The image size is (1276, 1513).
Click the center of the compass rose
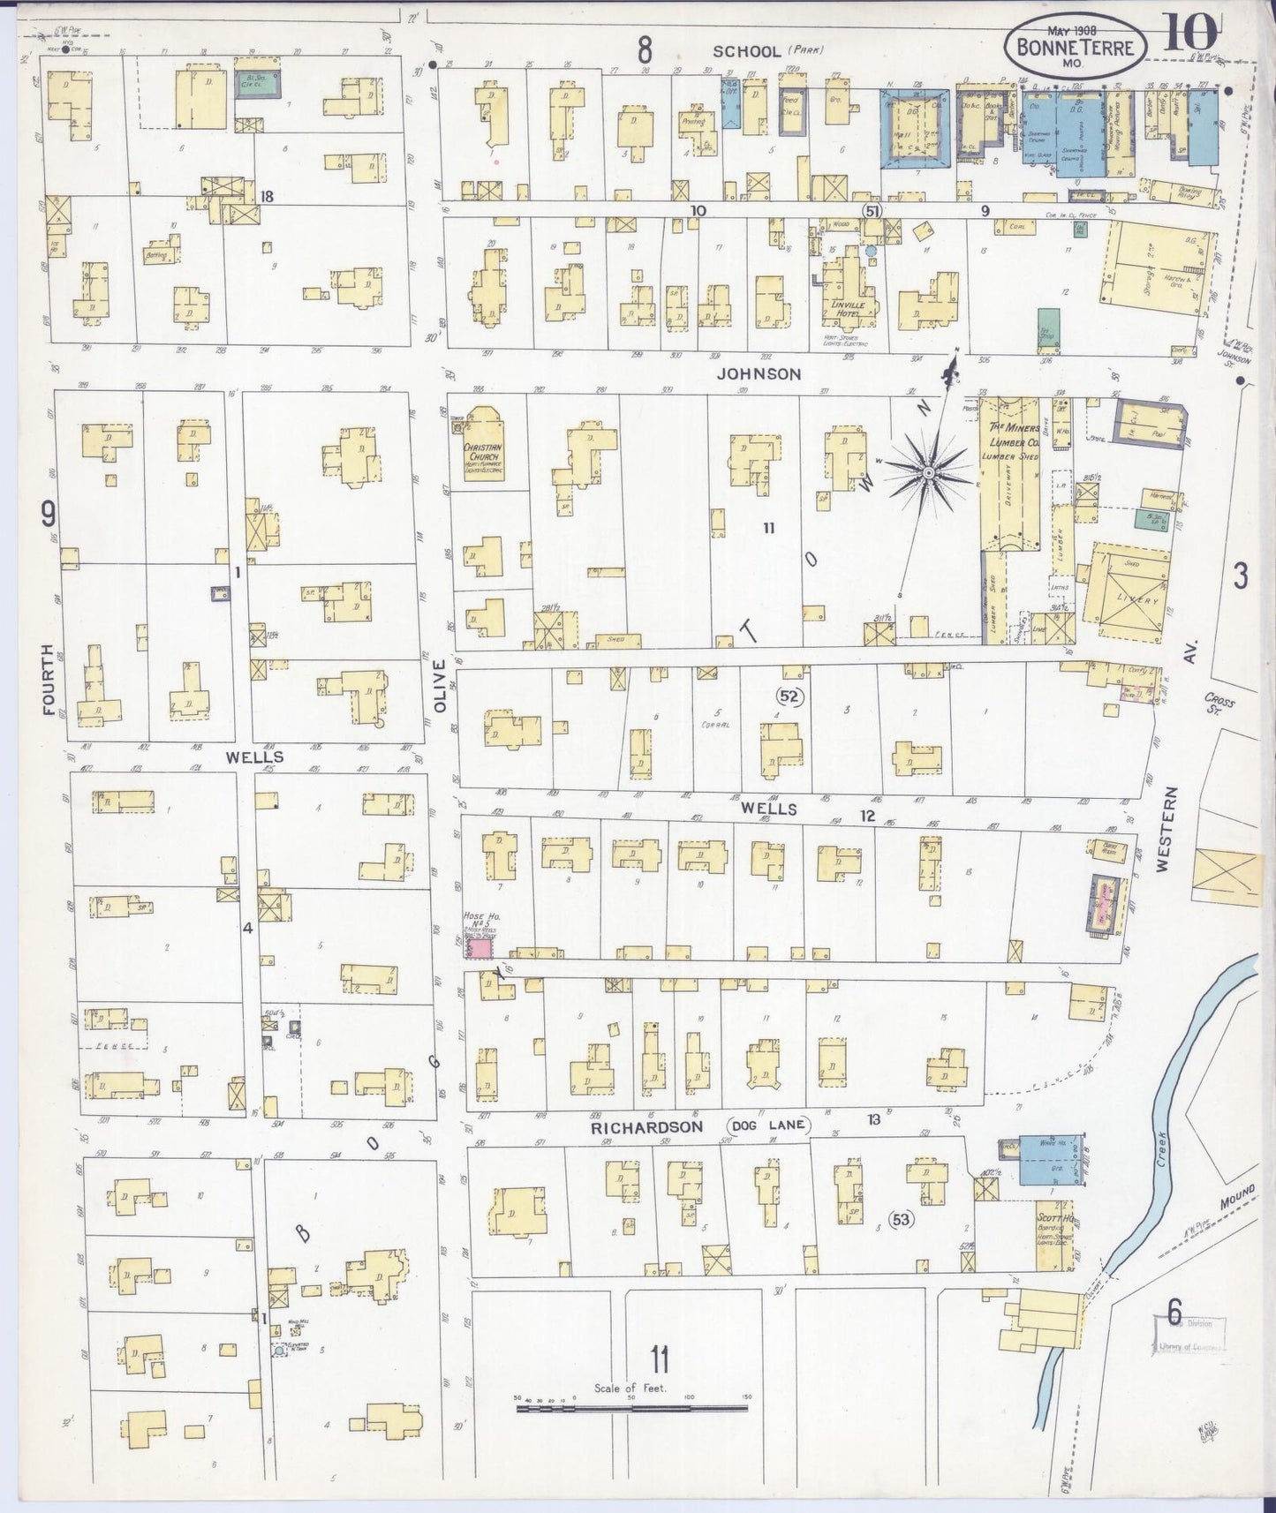pyautogui.click(x=928, y=474)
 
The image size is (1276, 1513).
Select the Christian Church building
pyautogui.click(x=478, y=448)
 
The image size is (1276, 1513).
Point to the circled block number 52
pyautogui.click(x=789, y=697)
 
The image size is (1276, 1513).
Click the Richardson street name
pyautogui.click(x=646, y=1127)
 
